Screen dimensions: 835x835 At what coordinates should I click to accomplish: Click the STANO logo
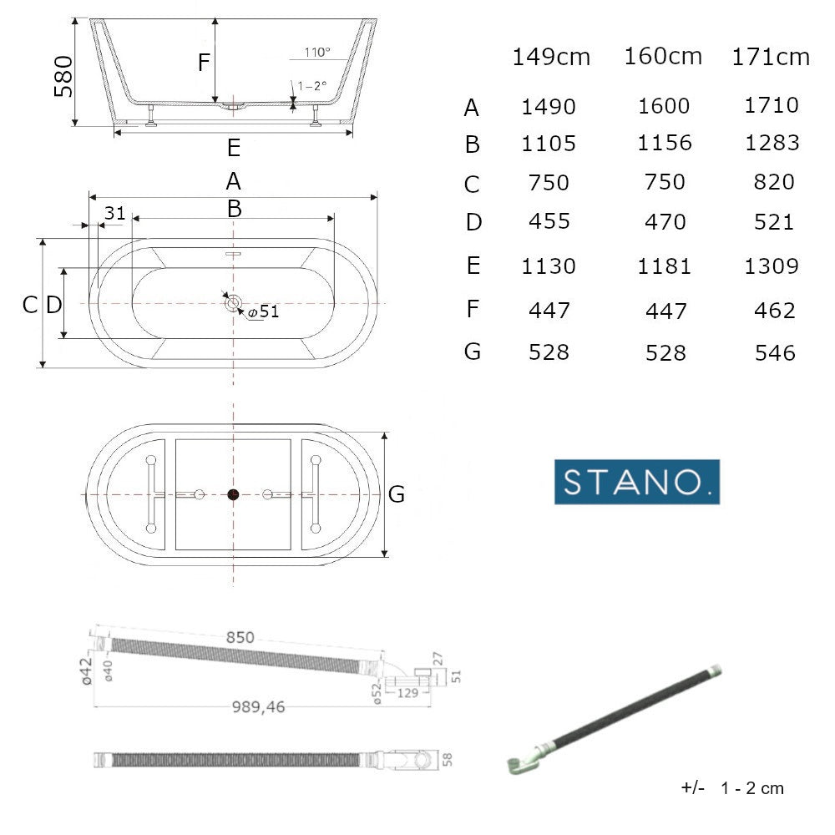click(x=637, y=482)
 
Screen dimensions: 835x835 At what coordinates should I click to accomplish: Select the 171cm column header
click(x=771, y=57)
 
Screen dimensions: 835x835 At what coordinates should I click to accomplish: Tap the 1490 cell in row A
click(x=549, y=107)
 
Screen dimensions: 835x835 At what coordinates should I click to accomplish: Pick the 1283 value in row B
click(x=772, y=143)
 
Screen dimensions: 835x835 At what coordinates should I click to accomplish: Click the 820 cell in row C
click(x=774, y=182)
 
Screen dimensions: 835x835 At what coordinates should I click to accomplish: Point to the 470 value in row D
click(x=665, y=221)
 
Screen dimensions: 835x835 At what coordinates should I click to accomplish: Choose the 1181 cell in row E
click(x=665, y=266)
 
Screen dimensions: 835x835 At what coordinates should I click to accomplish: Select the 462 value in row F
click(x=775, y=310)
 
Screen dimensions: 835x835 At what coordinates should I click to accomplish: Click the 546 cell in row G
click(x=776, y=352)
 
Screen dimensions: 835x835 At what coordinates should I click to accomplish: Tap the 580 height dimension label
click(x=63, y=77)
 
